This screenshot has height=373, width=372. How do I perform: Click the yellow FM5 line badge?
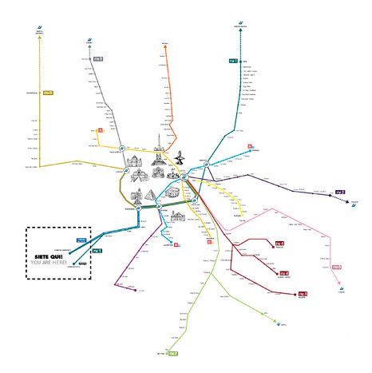(49, 93)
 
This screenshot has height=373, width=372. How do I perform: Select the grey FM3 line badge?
(98, 58)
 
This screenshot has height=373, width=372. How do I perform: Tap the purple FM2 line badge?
(339, 192)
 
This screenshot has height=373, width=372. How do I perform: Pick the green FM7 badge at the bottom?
(172, 352)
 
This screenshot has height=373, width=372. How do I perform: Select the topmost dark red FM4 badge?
(279, 243)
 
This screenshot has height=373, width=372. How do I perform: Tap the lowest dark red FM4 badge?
(303, 294)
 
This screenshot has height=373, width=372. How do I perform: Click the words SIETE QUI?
(49, 256)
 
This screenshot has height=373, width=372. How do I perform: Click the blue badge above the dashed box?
(81, 240)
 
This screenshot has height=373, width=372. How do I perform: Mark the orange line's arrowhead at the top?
(165, 46)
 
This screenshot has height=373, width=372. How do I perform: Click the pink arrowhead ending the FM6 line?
(339, 285)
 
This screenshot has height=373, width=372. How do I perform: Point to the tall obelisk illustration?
(159, 142)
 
